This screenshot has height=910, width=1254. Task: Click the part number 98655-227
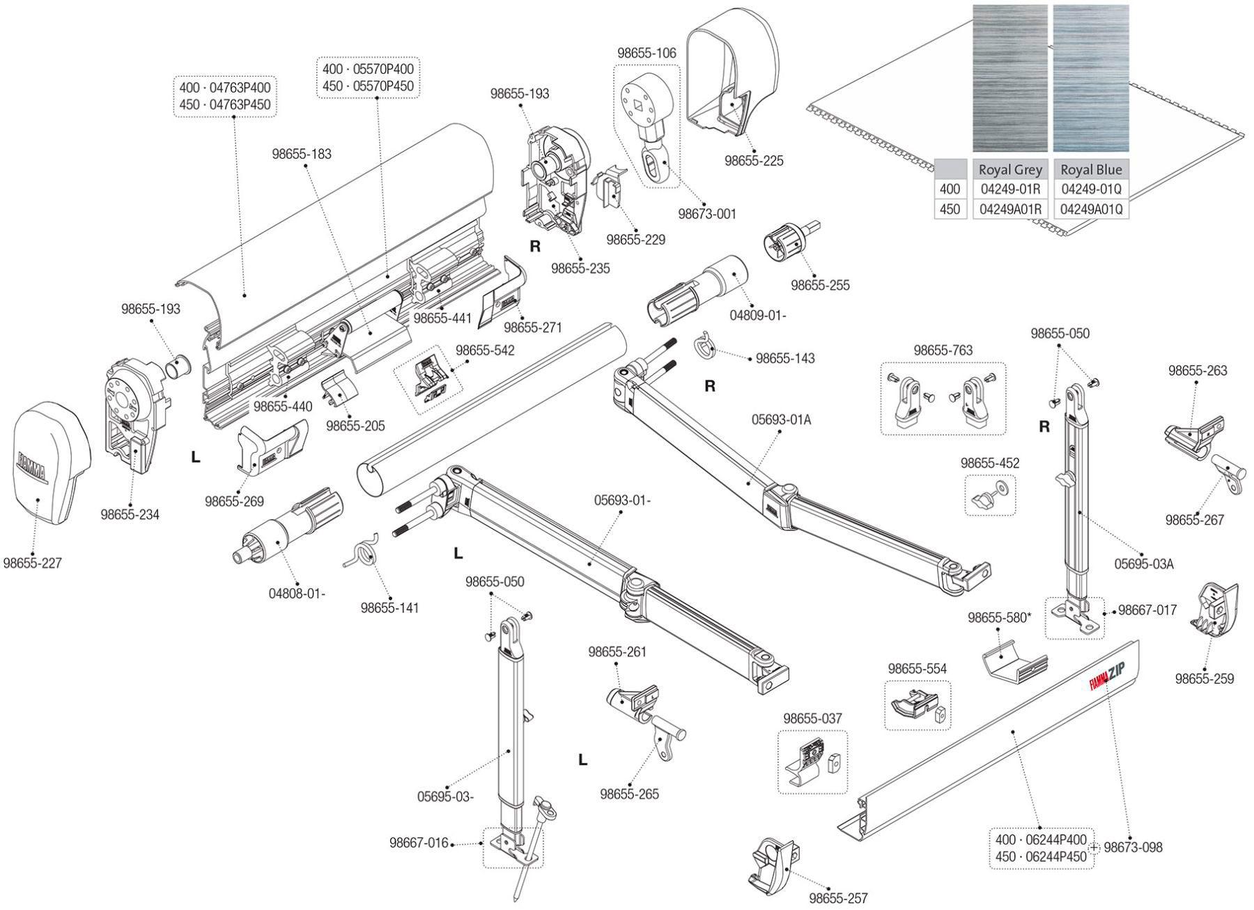coord(33,563)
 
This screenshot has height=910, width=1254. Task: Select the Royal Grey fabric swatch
coord(1009,77)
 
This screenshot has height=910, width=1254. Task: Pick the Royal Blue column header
coord(1091,169)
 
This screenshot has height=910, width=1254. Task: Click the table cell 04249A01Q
coord(1091,209)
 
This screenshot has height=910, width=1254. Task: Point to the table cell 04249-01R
coord(1009,189)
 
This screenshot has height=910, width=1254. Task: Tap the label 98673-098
coord(1133,847)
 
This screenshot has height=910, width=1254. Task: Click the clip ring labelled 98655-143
coord(705,344)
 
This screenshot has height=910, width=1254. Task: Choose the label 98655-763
coord(943,350)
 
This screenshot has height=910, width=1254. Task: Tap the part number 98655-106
coord(647,53)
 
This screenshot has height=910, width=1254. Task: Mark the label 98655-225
coord(754,160)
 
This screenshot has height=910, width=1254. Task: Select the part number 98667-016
coord(419,842)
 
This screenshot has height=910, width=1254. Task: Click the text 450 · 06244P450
coord(1041,856)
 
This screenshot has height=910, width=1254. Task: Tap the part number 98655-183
coord(302,154)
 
